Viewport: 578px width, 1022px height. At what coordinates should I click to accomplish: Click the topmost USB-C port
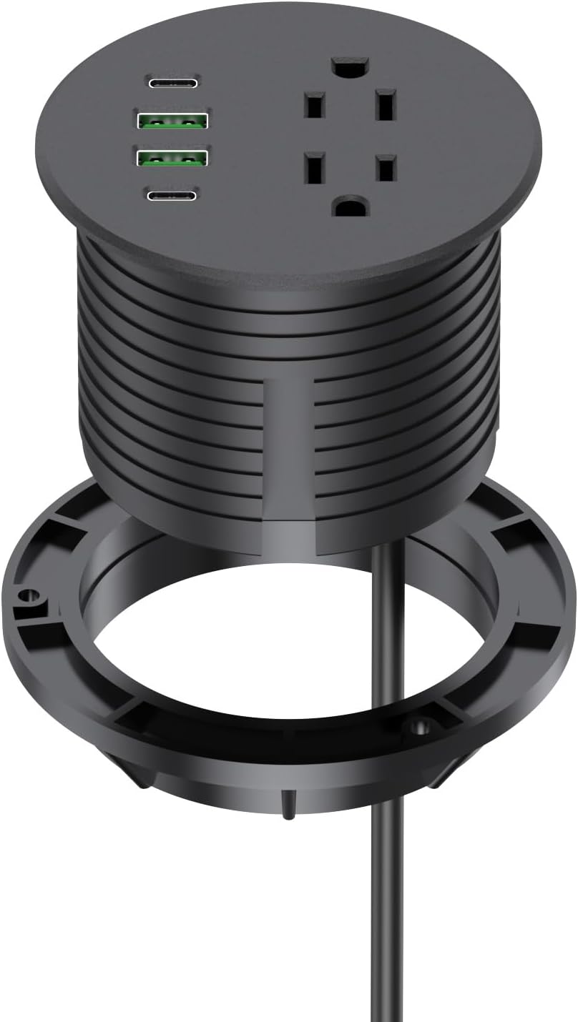[x=173, y=82]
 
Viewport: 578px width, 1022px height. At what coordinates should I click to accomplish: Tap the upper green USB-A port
[x=172, y=120]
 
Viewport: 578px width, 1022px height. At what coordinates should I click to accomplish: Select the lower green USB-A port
[x=172, y=157]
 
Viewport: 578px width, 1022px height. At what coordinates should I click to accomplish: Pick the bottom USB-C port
[x=172, y=194]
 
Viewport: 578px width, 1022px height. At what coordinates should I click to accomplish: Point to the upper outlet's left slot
[x=313, y=106]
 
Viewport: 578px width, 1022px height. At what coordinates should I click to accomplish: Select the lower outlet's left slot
[x=313, y=169]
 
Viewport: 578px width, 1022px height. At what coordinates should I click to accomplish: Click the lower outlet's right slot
[x=386, y=169]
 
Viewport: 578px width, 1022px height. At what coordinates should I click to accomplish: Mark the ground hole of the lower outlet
[x=350, y=208]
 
